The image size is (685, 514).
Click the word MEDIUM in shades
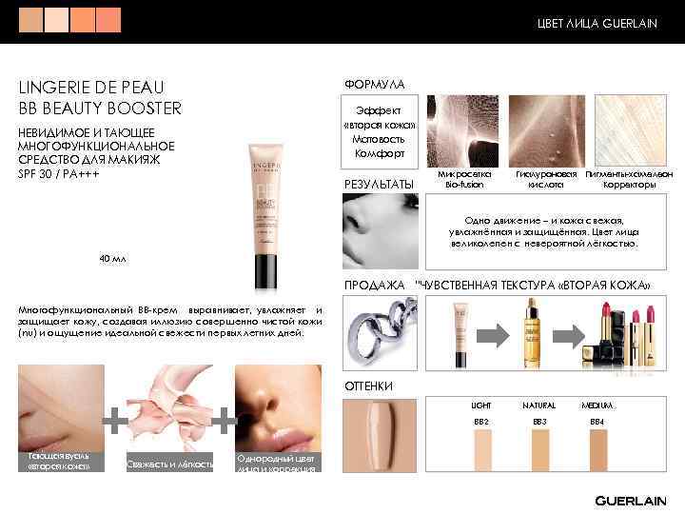tap(597, 405)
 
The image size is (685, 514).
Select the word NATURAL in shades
tap(539, 405)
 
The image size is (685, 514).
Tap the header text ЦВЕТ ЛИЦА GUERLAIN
tap(597, 22)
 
